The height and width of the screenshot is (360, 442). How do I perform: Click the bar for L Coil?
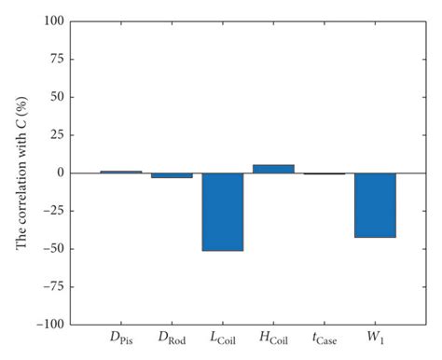point(222,212)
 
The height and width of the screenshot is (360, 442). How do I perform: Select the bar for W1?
point(375,205)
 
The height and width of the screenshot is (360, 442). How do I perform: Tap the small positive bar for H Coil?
point(273,169)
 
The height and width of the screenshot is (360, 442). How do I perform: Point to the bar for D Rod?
point(172,175)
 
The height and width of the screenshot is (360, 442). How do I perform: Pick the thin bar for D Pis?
point(120,172)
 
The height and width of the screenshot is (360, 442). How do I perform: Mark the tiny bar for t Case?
point(325,173)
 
